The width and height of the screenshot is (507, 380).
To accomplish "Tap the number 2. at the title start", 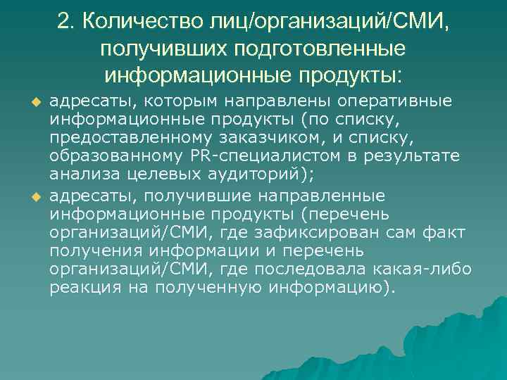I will coord(66,23).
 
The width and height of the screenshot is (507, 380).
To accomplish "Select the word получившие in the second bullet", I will coord(166,194).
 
